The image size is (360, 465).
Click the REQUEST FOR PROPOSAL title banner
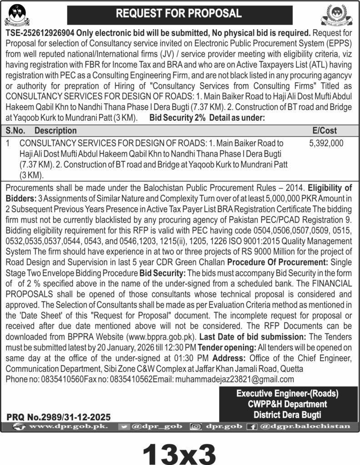[180, 14]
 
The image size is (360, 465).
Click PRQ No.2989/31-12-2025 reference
[59, 416]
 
